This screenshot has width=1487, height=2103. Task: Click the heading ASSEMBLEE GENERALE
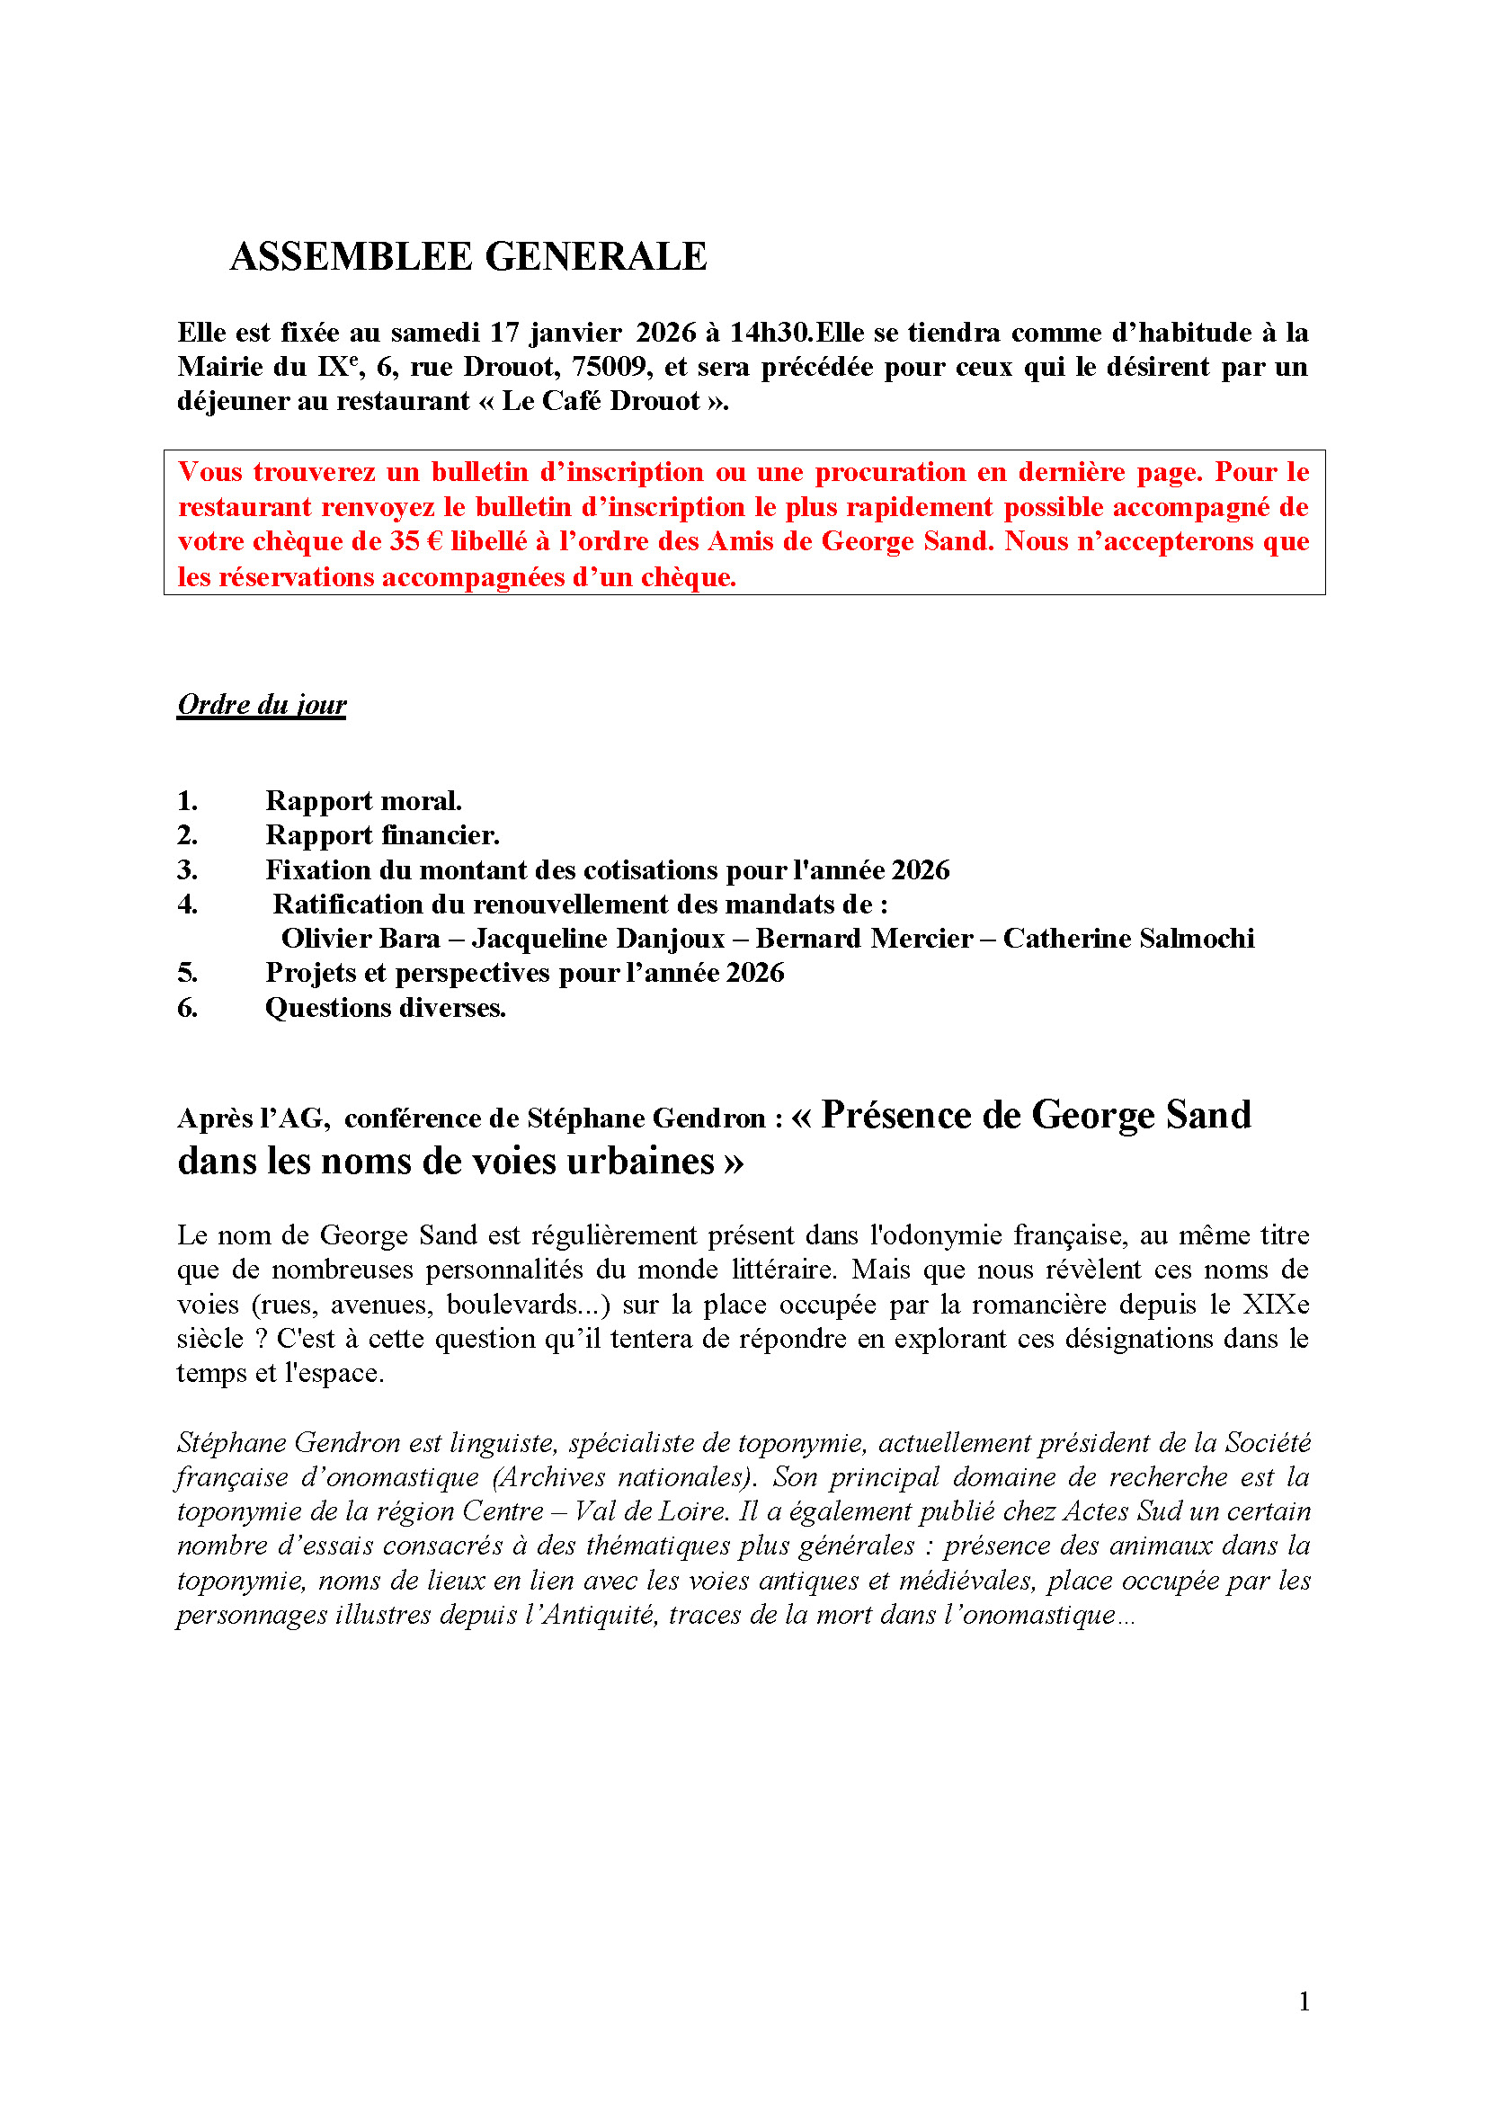[467, 256]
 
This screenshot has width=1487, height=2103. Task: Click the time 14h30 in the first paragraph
[771, 333]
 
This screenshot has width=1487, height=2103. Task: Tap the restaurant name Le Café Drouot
[601, 401]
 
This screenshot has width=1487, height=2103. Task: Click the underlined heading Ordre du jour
[262, 704]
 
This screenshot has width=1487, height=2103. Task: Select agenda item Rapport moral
[363, 800]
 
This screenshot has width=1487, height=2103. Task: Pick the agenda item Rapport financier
[382, 835]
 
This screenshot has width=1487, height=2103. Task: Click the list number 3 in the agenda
[187, 870]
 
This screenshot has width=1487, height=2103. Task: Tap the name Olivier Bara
[361, 939]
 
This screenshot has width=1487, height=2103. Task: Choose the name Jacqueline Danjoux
[598, 939]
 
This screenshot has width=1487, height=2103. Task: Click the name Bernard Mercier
[863, 939]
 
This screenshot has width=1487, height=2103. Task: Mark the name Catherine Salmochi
[1128, 939]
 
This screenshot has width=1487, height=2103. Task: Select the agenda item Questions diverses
[386, 1009]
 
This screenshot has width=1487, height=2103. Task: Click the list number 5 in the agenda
[187, 973]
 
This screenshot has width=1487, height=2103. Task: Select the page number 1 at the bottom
[1304, 2002]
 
